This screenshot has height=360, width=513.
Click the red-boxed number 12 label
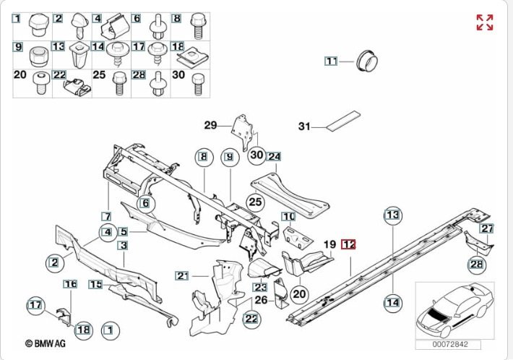[350, 244]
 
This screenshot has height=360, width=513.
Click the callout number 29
[210, 125]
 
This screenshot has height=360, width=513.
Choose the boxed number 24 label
[274, 156]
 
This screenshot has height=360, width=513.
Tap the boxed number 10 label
[288, 216]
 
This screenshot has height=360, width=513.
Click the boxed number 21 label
[182, 275]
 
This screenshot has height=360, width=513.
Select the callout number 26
[262, 300]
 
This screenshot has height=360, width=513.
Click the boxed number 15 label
[95, 285]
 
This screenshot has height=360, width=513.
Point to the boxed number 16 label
[69, 284]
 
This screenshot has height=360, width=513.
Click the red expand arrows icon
[485, 22]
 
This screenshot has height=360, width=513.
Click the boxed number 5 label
[124, 232]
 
